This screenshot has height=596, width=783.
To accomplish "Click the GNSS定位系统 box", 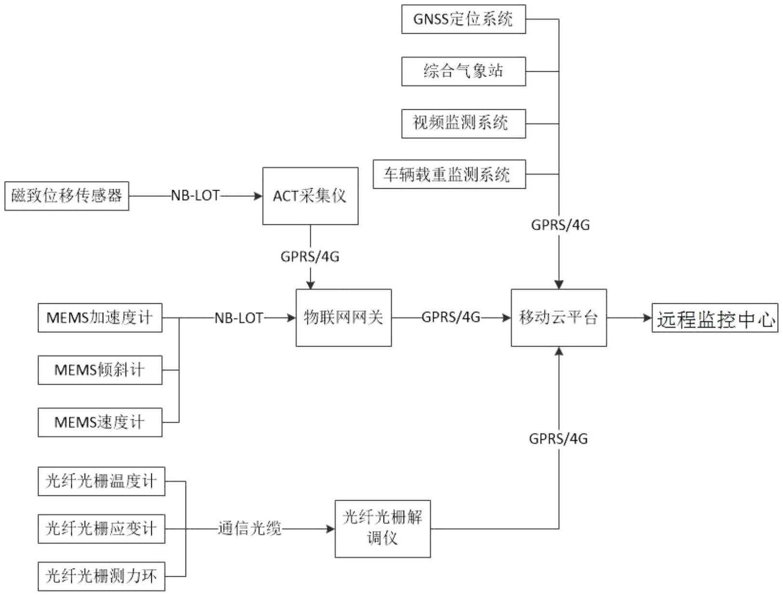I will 463,19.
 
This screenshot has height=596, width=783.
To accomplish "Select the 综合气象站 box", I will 463,71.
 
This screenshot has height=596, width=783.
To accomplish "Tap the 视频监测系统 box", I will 463,123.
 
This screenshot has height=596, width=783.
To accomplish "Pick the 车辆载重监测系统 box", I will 449,174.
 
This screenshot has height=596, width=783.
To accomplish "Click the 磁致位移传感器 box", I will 66,196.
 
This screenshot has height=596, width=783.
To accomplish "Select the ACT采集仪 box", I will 310,196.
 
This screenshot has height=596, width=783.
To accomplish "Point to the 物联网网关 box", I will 343,318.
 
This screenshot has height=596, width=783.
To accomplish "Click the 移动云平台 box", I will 558,318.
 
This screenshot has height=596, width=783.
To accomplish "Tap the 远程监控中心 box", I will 715,318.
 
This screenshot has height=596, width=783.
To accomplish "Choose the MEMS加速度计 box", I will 100,318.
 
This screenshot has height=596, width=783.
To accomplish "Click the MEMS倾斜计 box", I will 100,370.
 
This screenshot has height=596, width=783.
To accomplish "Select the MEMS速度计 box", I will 100,422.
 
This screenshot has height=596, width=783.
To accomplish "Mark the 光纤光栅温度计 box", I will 101,481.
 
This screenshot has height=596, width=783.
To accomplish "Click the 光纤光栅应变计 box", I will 101,529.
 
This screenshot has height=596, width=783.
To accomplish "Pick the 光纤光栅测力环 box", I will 101,576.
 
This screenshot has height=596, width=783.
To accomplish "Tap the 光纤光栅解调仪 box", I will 383,529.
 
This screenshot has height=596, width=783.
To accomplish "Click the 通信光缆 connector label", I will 250,529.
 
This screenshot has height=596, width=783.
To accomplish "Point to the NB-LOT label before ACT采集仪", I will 195,196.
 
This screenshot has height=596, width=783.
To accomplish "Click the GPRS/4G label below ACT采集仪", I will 310,257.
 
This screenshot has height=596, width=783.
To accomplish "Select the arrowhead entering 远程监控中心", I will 647,318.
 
